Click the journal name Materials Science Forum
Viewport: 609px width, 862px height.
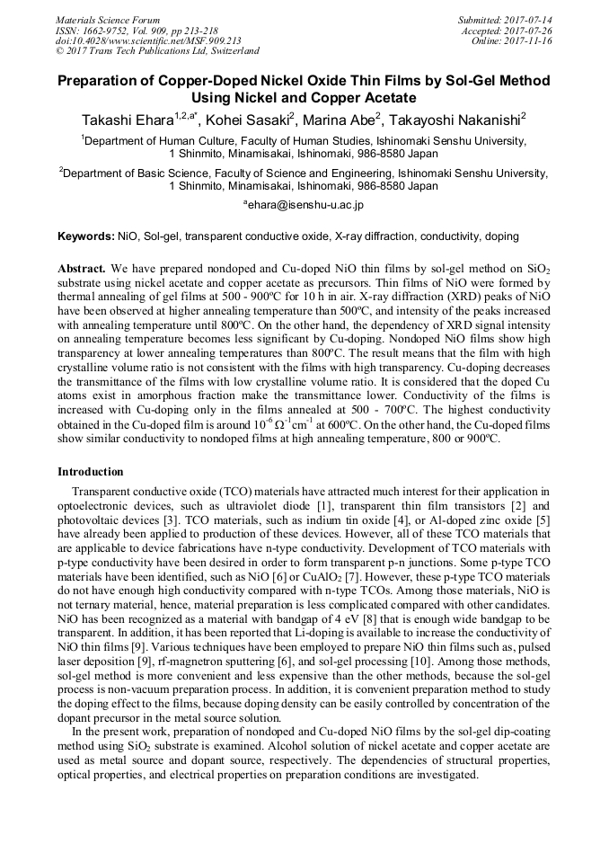(x=108, y=19)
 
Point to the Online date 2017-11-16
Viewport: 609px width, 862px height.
(x=529, y=40)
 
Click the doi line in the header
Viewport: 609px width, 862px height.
(x=148, y=40)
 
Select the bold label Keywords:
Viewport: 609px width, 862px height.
(x=86, y=236)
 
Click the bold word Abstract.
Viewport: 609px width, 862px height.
(x=82, y=269)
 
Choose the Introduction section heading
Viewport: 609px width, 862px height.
(x=92, y=471)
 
